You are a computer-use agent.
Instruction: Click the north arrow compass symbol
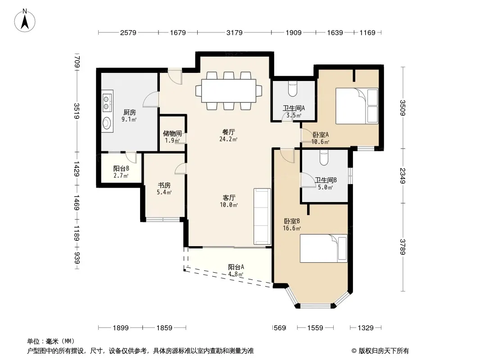pos(25,21)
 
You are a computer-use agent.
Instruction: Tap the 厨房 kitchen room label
pos(130,112)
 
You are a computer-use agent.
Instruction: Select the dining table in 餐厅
pos(229,91)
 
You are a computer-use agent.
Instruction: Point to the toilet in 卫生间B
pos(324,157)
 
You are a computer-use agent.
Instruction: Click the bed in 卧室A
pos(357,106)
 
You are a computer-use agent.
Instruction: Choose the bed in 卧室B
pos(324,248)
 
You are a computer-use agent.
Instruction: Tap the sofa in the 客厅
pos(262,216)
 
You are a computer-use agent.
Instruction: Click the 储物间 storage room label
pos(172,133)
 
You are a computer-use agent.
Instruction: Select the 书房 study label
pos(164,185)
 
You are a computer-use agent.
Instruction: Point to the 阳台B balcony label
pos(121,168)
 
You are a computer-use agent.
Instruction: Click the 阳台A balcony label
pos(236,267)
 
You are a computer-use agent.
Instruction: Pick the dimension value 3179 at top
pos(235,32)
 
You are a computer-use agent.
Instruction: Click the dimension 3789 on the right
pos(403,247)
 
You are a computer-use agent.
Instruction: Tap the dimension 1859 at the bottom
pos(164,328)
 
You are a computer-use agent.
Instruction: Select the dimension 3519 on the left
pos(77,111)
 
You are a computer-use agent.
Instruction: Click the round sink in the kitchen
pos(107,123)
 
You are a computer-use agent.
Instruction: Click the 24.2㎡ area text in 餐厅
pos(228,139)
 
